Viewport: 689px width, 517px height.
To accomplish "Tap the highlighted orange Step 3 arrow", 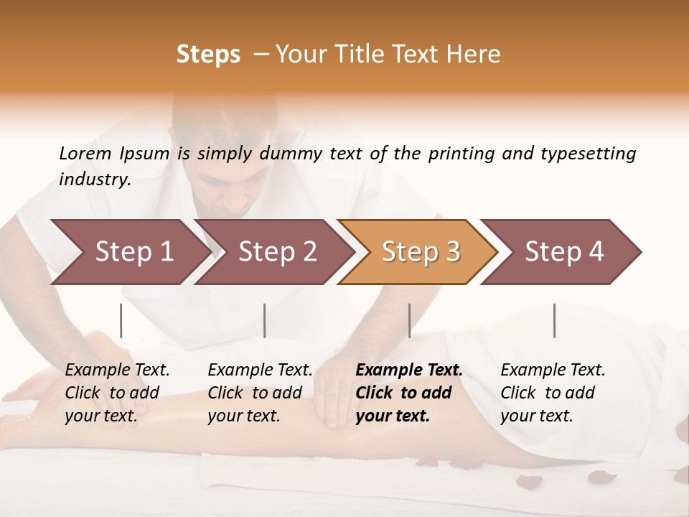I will tap(421, 251).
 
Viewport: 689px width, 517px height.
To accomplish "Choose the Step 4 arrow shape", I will tap(564, 251).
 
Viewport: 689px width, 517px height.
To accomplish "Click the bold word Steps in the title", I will tap(208, 55).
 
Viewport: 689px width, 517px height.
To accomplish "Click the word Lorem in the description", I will tap(85, 153).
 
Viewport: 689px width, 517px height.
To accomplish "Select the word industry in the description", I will tap(94, 180).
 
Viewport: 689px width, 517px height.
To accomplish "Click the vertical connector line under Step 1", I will tap(121, 320).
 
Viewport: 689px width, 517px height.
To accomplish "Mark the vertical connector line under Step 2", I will tap(265, 320).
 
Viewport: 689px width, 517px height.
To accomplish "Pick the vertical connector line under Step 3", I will tap(409, 320).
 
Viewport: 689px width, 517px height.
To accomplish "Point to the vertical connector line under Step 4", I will tap(554, 320).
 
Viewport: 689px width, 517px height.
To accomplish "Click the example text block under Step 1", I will tap(117, 393).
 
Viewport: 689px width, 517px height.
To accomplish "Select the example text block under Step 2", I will tap(260, 393).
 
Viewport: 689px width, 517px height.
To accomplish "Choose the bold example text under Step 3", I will tap(409, 393).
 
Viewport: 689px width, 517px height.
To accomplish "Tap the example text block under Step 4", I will tap(553, 393).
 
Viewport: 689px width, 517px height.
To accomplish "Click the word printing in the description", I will tap(460, 154).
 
